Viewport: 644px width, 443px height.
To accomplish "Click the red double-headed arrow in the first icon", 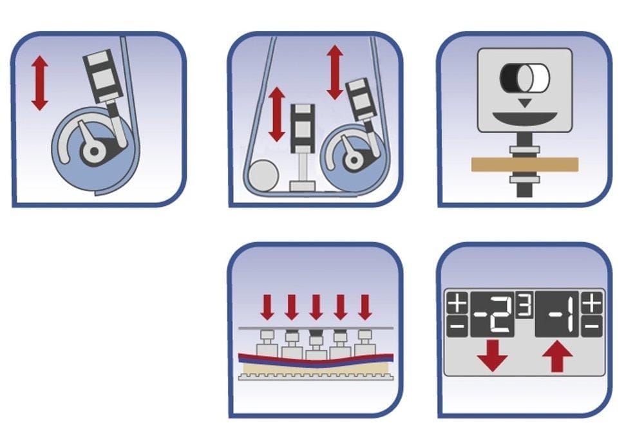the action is (x=40, y=83).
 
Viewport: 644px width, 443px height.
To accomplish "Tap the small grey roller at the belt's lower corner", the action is (x=263, y=176).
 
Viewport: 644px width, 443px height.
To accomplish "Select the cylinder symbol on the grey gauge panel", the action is (x=524, y=78).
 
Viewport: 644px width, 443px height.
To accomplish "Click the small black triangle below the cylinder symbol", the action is (x=524, y=103).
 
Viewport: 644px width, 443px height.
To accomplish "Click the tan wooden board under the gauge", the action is (x=524, y=165).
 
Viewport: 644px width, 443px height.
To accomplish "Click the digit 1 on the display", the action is (x=569, y=316).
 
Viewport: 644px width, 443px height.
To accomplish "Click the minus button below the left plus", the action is (x=457, y=326).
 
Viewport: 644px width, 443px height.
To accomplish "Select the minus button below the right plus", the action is (x=592, y=326).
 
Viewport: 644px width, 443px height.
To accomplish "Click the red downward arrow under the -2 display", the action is (x=492, y=355).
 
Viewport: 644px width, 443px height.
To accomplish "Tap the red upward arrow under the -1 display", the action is (x=557, y=357).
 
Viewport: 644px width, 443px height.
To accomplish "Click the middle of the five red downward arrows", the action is (x=316, y=307).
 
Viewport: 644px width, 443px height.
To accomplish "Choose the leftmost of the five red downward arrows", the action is (x=267, y=307).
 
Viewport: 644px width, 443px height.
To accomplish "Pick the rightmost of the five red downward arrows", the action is (x=365, y=307).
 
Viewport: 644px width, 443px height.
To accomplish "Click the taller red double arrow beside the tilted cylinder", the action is (x=335, y=72).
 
